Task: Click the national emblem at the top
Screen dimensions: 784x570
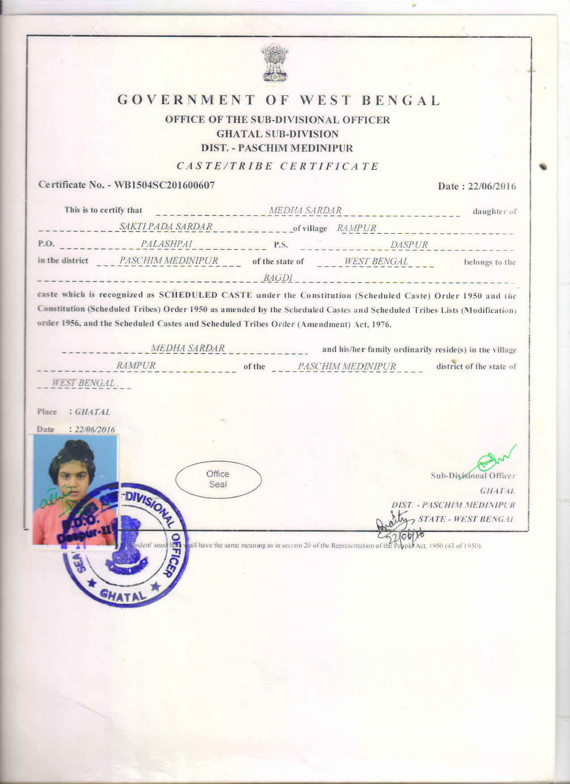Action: point(275,63)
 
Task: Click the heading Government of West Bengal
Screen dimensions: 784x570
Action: point(279,100)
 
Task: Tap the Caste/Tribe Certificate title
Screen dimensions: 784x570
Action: point(278,166)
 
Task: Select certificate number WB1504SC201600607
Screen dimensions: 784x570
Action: point(165,185)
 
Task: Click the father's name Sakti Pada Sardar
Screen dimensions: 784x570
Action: point(166,227)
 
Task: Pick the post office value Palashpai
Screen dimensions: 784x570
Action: point(166,244)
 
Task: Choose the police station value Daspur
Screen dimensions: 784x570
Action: point(409,245)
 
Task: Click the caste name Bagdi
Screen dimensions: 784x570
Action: point(278,278)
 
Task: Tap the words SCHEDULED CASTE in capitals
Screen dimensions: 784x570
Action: point(206,295)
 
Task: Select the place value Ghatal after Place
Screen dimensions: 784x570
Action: point(93,412)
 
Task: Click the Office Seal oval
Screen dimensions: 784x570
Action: point(218,479)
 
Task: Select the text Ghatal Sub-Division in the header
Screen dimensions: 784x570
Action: point(278,134)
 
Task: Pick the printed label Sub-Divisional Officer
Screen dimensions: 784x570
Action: point(473,476)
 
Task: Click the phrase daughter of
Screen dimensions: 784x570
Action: point(494,211)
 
